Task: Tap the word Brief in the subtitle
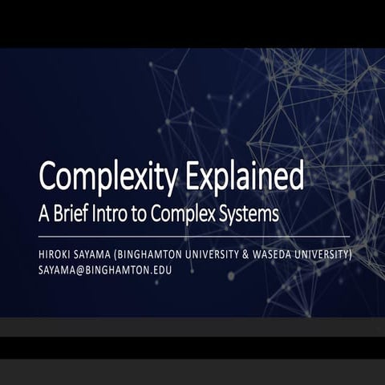[x=84, y=214]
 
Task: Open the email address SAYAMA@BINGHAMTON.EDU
[x=104, y=270]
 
